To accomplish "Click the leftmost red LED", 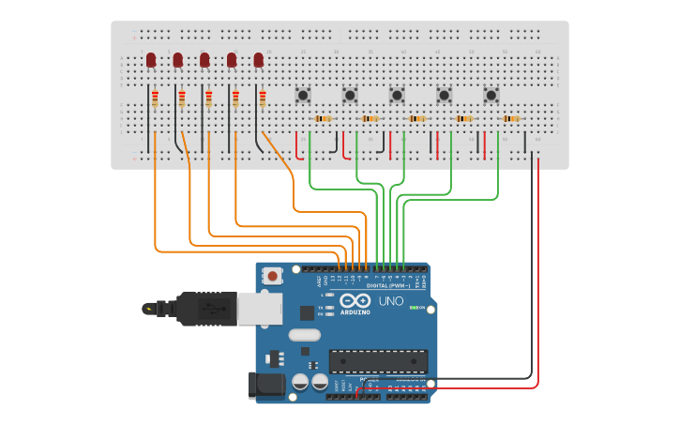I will (x=151, y=60).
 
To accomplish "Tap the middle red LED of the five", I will (x=204, y=60).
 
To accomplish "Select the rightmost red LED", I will (x=259, y=60).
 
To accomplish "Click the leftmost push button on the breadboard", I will (x=303, y=95).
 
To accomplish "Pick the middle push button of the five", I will (x=397, y=95).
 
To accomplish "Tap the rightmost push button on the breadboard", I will (x=491, y=95).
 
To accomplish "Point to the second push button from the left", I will (x=350, y=95).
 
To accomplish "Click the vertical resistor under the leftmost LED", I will (x=155, y=99).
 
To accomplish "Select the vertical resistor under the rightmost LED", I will (x=263, y=99).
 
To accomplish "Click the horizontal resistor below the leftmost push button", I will (x=323, y=119).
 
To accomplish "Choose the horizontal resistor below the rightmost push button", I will (x=510, y=119).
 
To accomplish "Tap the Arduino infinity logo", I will (x=355, y=301).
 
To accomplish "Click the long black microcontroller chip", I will (x=378, y=361).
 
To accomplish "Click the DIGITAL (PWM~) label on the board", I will (x=398, y=285).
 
